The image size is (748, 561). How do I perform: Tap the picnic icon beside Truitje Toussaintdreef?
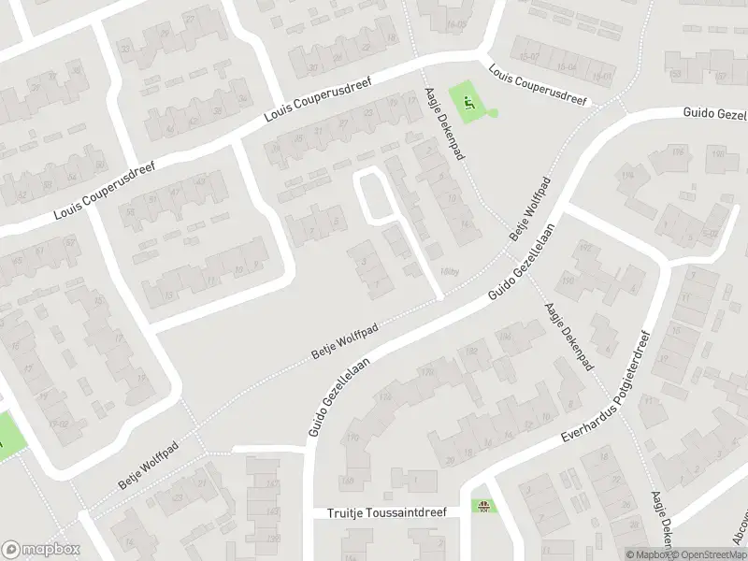point(484,509)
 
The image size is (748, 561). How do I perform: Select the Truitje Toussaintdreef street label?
point(387,513)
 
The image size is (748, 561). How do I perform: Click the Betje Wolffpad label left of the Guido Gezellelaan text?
point(344,342)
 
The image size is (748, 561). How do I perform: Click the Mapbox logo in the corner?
point(38,549)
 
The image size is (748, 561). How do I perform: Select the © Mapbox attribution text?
point(646,554)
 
